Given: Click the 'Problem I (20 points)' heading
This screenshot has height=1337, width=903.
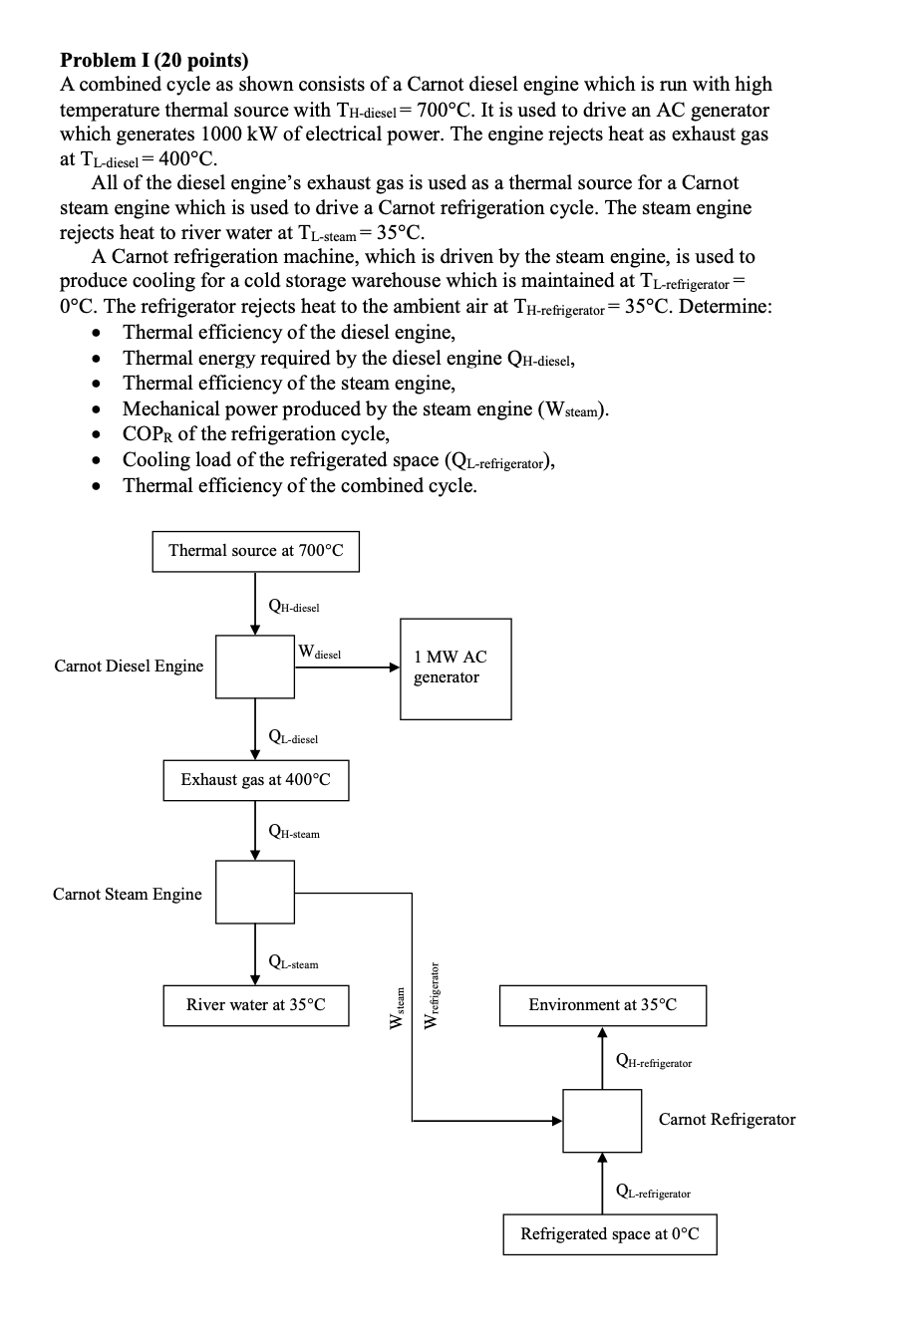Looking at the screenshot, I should (154, 60).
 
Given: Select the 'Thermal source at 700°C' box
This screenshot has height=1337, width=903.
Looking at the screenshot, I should (255, 551).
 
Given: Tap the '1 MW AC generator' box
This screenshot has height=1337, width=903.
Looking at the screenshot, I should (455, 668).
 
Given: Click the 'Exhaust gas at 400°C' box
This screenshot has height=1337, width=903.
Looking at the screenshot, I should (255, 780).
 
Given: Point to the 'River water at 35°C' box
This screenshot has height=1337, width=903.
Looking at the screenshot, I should (255, 1004).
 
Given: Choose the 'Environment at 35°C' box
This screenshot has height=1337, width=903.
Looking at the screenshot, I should (602, 1004).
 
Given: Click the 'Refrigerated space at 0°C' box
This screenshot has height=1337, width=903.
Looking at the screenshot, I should (609, 1233).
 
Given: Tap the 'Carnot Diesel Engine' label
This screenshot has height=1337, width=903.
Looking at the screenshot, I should (129, 666).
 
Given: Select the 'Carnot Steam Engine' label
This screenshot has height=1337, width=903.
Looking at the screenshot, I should (127, 894).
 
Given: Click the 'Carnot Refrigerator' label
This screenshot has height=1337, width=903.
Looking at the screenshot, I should (727, 1119).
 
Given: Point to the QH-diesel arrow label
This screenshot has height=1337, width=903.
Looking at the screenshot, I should (294, 605).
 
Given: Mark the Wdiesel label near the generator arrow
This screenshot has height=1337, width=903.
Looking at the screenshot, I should (320, 653).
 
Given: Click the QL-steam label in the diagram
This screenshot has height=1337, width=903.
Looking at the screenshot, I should (294, 962).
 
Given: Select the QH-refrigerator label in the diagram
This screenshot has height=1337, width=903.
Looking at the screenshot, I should (654, 1062).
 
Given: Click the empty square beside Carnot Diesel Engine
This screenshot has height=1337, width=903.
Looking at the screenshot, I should (255, 668).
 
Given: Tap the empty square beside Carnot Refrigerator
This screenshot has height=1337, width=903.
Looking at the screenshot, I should (602, 1120).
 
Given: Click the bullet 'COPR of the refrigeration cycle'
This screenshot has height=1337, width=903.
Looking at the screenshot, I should (255, 434).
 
